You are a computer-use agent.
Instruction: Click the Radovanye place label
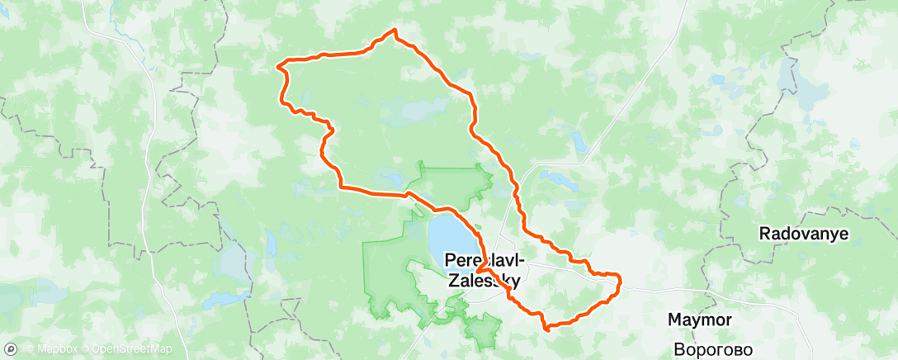click(804, 234)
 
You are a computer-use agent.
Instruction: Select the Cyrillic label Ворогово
click(713, 348)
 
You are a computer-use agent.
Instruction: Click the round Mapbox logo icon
click(10, 350)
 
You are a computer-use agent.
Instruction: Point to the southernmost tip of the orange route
click(546, 328)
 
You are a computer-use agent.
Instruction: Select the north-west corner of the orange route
click(284, 62)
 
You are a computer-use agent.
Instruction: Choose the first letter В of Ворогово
click(678, 348)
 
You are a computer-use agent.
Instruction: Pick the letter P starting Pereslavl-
click(451, 258)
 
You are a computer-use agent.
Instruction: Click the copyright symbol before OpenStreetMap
click(86, 350)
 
